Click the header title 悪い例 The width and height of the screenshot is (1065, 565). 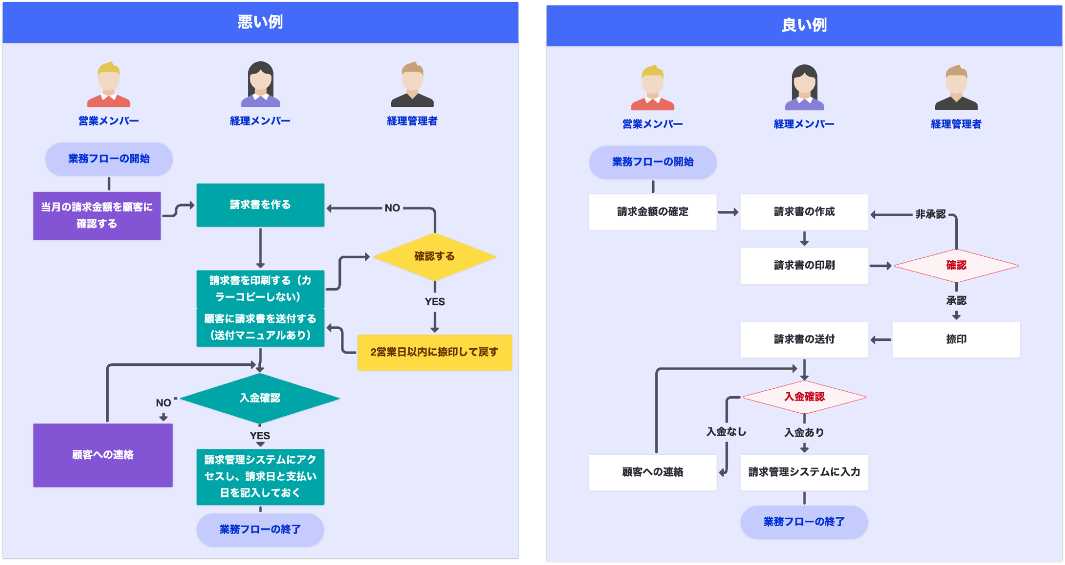260,22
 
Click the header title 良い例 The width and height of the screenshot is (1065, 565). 804,25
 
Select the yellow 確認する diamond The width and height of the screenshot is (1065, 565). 435,257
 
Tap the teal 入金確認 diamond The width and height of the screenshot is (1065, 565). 260,398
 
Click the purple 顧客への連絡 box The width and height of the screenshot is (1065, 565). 103,455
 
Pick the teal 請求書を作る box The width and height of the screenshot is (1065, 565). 260,205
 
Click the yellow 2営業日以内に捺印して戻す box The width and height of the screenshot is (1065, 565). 434,352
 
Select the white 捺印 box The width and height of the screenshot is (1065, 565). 956,339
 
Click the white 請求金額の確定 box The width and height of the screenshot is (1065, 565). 653,212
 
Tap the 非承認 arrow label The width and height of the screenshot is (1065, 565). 930,214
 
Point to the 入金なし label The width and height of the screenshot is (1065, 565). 726,432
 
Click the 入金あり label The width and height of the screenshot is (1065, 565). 804,432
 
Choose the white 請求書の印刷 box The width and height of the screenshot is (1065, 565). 804,265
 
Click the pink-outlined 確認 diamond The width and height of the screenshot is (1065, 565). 956,265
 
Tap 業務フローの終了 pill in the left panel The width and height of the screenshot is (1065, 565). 260,529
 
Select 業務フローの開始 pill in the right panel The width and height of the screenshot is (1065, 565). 653,162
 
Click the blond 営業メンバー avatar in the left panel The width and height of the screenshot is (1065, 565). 109,85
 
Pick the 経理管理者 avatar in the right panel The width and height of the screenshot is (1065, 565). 956,88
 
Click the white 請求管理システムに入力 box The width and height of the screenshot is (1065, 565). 804,472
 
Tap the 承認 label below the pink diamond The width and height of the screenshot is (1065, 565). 956,301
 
